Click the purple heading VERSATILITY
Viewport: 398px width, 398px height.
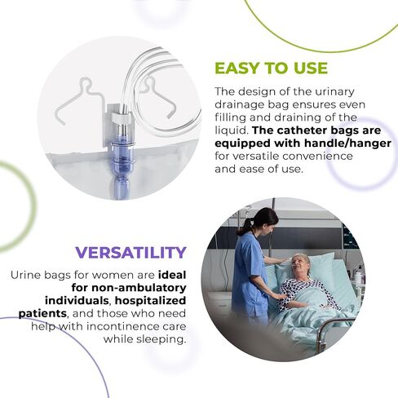131,252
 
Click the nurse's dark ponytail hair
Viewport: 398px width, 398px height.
250,223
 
